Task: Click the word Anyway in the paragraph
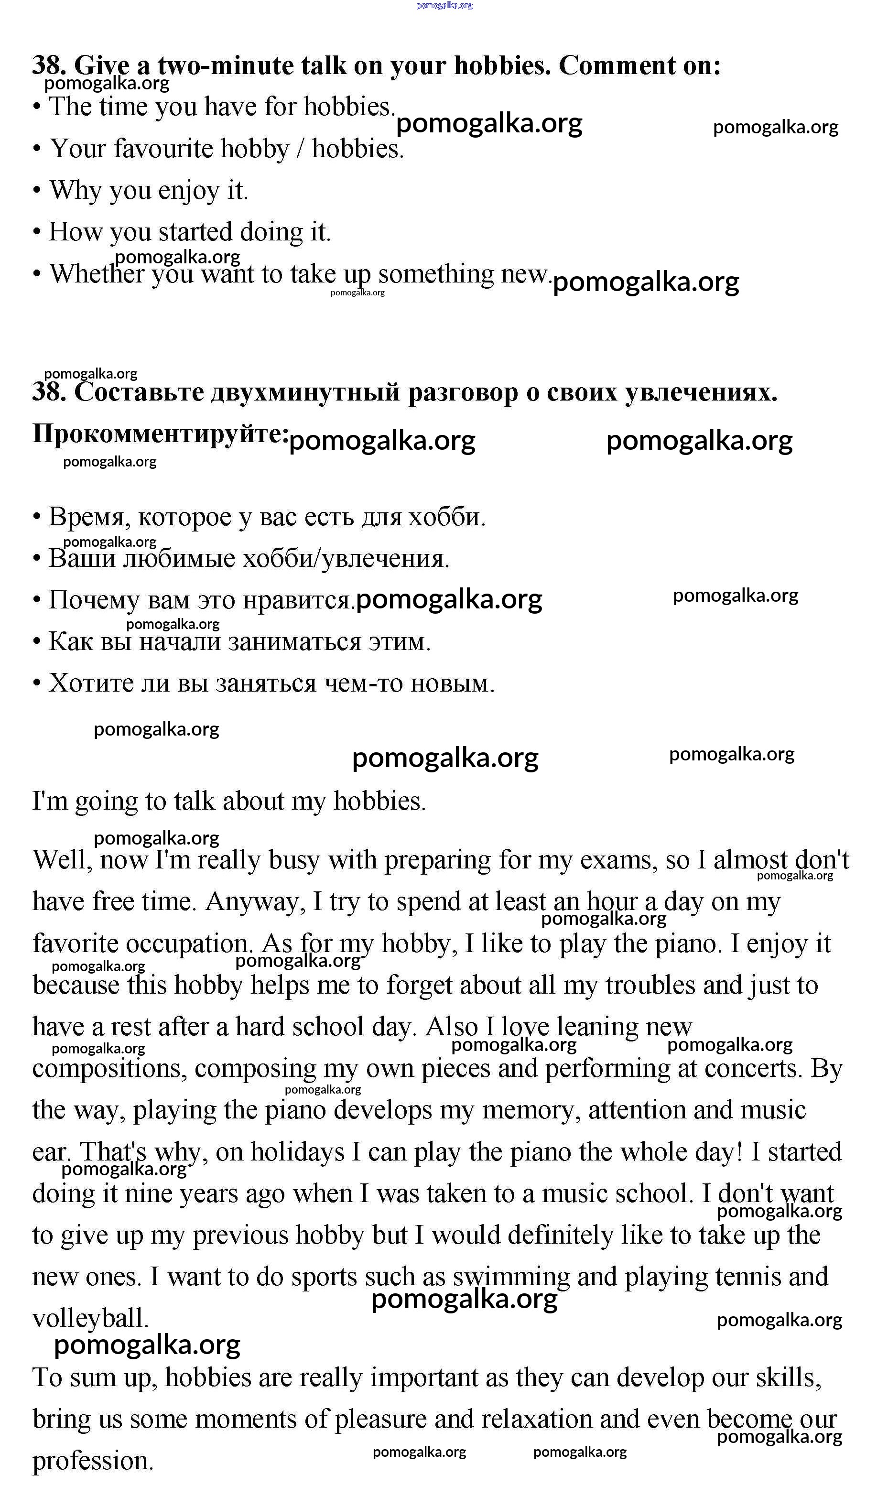click(254, 902)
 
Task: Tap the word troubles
click(651, 986)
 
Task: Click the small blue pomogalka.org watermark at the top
click(444, 5)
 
